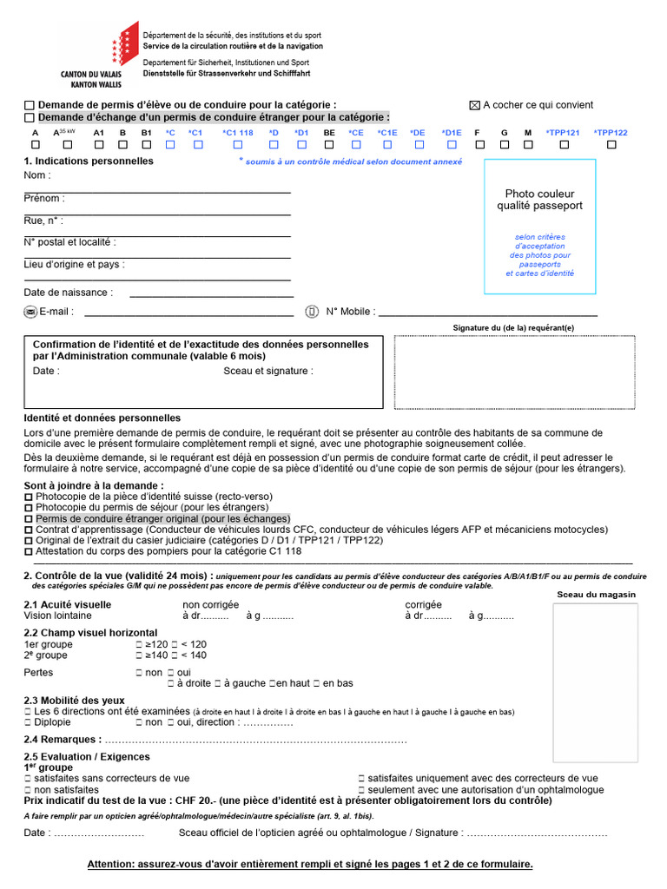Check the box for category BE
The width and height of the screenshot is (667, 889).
329,146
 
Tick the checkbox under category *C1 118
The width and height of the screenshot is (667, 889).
238,146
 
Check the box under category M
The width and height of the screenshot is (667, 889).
528,146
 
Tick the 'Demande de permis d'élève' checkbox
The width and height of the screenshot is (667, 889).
30,105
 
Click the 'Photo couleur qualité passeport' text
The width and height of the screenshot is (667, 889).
539,200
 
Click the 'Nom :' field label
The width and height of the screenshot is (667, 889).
37,175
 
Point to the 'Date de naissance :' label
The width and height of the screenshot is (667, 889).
68,293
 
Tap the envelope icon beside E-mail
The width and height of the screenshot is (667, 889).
30,312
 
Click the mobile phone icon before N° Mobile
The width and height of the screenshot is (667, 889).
312,312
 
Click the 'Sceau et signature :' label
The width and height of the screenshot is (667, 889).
268,371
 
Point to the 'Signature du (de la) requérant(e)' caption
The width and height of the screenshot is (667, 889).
513,328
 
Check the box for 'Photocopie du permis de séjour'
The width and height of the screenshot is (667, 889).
29,507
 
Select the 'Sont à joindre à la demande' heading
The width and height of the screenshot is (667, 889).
94,485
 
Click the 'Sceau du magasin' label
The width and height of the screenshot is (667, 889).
596,595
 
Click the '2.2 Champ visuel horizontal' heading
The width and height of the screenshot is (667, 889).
90,633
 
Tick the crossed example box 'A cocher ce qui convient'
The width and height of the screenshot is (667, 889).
474,105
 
